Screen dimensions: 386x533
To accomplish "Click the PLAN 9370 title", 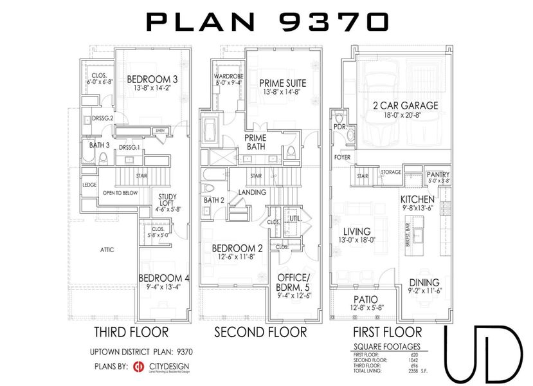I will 267,22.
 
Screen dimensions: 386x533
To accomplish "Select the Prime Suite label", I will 282,83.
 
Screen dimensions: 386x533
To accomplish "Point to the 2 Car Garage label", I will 404,106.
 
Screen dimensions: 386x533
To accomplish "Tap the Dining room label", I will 424,282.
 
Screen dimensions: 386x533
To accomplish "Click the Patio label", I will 365,299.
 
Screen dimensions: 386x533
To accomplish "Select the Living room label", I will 356,232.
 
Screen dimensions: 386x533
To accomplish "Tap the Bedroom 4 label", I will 164,279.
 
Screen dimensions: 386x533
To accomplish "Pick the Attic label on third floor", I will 107,250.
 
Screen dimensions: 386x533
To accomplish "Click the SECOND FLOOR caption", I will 260,333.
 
